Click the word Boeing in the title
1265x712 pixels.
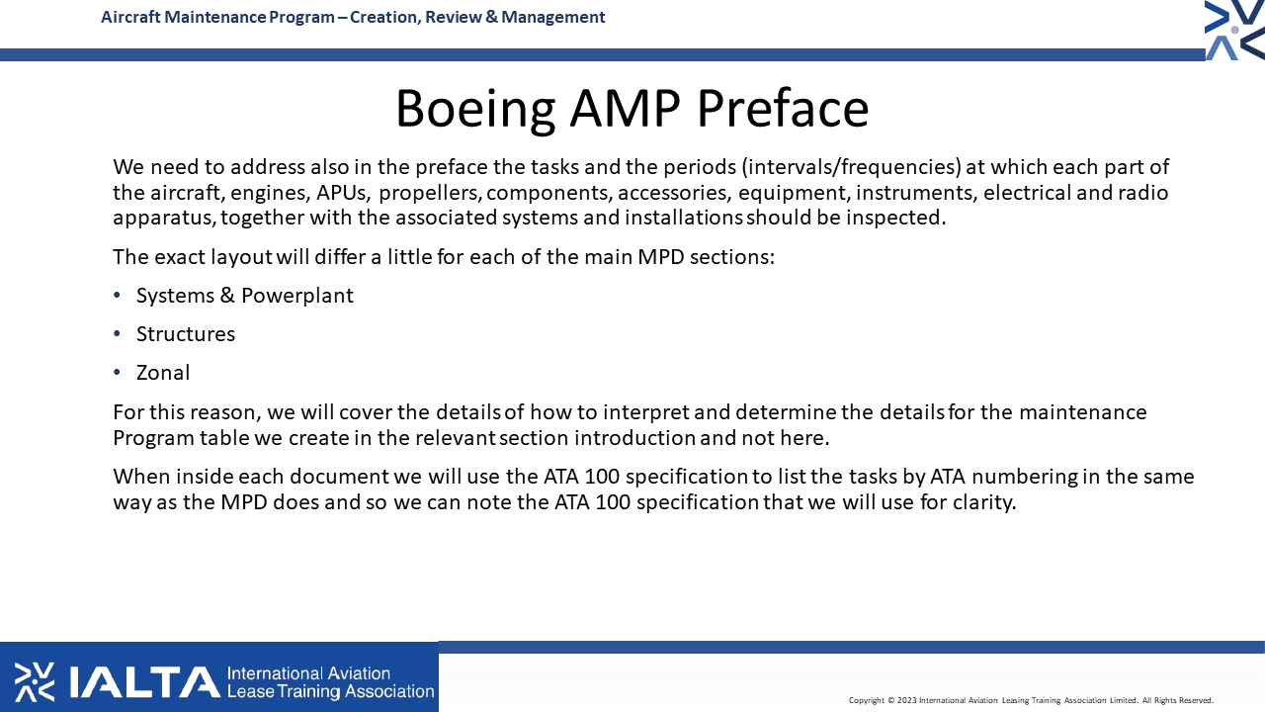[x=475, y=110]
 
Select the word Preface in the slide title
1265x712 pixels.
[x=783, y=108]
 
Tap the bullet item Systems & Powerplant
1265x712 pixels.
[x=244, y=296]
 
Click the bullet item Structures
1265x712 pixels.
[x=185, y=334]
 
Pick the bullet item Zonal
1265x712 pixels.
[x=163, y=373]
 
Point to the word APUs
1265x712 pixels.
[x=341, y=193]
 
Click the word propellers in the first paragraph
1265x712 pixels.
[x=430, y=193]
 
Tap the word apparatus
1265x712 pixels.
[x=164, y=219]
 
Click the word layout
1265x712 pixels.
[x=242, y=258]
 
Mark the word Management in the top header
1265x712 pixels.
[x=552, y=18]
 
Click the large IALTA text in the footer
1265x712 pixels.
[x=145, y=682]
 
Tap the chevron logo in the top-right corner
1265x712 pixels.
[x=1234, y=30]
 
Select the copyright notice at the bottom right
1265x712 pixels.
[x=1031, y=700]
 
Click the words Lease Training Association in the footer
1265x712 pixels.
[x=330, y=691]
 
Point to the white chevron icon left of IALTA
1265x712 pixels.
[x=35, y=682]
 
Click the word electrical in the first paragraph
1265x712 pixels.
[x=1027, y=193]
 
